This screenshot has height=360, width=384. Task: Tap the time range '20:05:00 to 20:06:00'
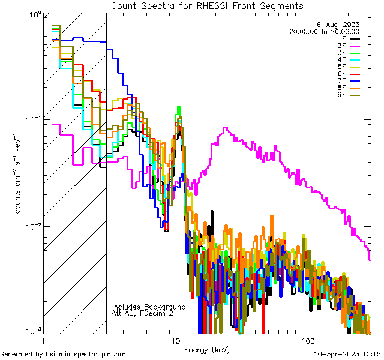[324, 31]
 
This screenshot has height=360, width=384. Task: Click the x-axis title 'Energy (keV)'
[206, 349]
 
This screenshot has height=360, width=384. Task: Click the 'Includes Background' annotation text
[149, 307]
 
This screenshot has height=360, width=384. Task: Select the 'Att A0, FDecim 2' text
[142, 313]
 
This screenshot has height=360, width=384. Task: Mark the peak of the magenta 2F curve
[224, 128]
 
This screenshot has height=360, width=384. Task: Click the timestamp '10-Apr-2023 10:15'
[347, 354]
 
